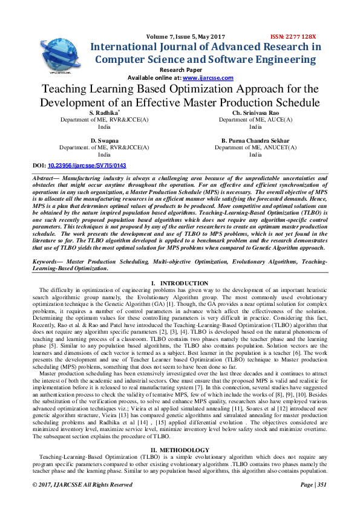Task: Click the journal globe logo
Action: click(x=61, y=54)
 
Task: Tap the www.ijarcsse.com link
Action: click(x=200, y=78)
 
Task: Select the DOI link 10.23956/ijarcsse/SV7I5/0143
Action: click(x=87, y=165)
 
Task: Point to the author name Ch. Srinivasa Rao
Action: click(x=255, y=113)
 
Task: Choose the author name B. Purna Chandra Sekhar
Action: click(x=255, y=140)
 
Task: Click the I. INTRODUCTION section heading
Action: click(x=180, y=284)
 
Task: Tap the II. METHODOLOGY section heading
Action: click(x=180, y=450)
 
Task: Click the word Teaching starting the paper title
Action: click(x=67, y=89)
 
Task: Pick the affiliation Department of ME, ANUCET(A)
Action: click(x=255, y=147)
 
